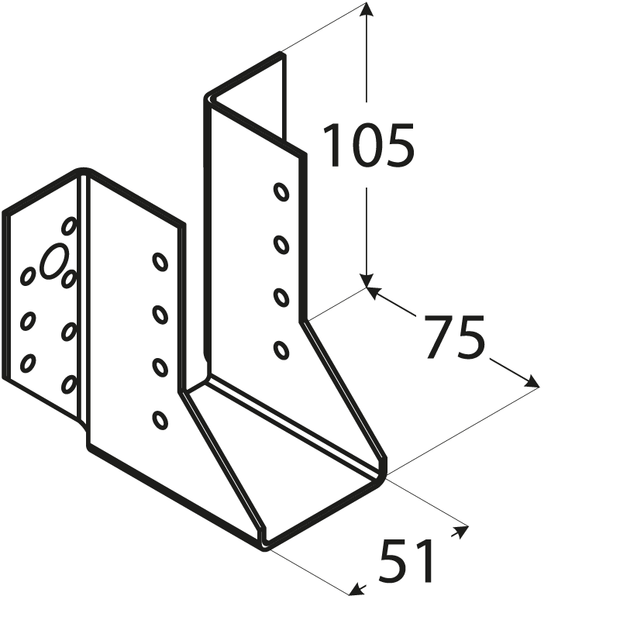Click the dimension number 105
tap(368, 146)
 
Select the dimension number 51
tap(408, 561)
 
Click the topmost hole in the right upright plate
tap(281, 191)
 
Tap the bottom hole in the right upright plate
tap(281, 350)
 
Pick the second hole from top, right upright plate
tap(281, 245)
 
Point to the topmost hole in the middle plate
tap(160, 262)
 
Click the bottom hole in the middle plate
tap(160, 420)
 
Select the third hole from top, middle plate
tap(160, 367)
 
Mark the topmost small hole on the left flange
tap(69, 226)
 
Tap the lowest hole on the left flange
tap(69, 384)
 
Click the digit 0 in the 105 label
tap(368, 146)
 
